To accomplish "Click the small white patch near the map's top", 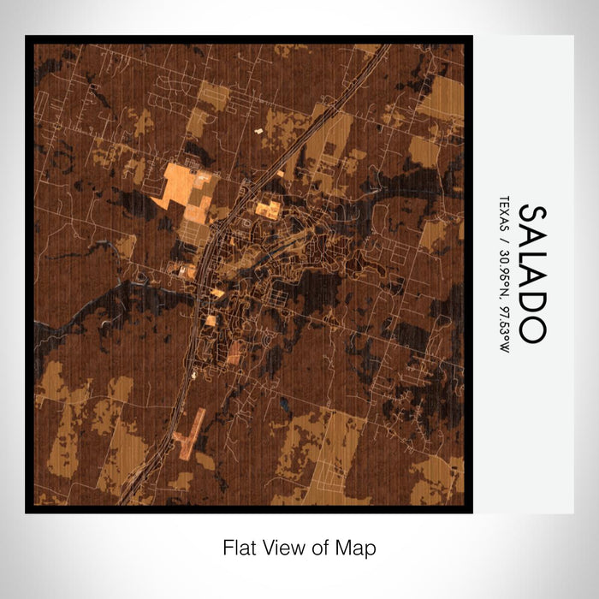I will tap(258, 131).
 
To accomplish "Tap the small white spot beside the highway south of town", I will tap(195, 373).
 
